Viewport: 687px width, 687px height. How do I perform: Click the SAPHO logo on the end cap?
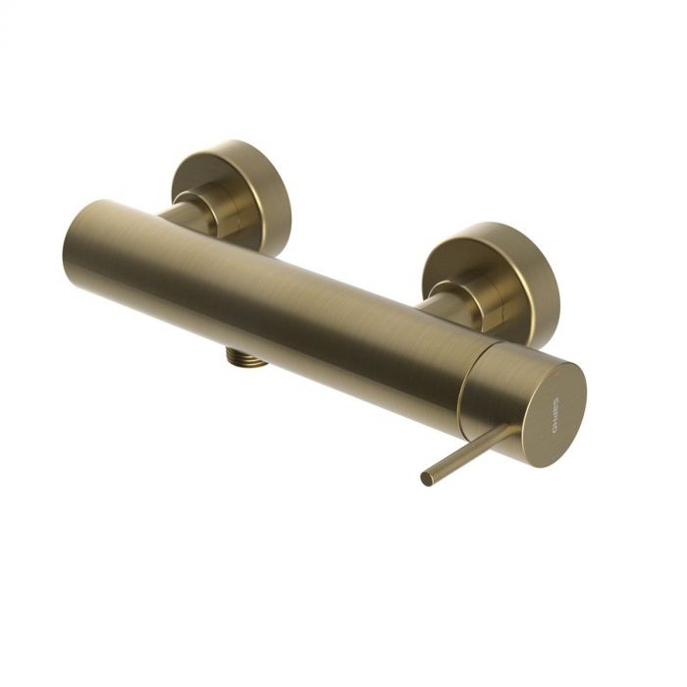coord(555,411)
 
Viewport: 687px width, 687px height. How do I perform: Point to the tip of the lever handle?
coord(426,480)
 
